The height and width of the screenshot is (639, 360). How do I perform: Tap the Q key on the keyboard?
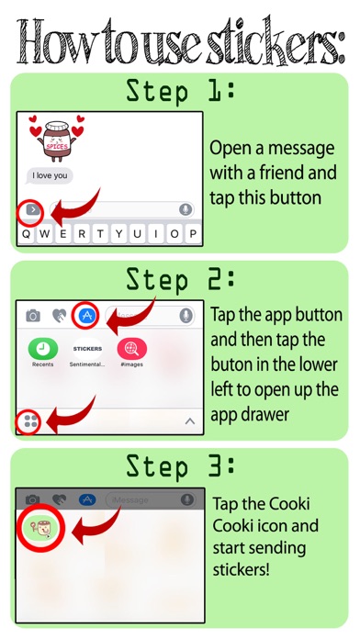(27, 234)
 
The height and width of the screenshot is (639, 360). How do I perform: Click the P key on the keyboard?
(193, 234)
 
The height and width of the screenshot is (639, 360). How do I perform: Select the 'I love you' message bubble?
(50, 175)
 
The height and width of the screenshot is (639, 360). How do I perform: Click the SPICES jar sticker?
(57, 139)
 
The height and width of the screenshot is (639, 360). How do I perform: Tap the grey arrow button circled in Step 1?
(32, 210)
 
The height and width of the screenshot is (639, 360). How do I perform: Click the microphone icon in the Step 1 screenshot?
(186, 209)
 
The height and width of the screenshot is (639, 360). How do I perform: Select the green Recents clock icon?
(43, 349)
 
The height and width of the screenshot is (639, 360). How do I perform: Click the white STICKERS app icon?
(87, 349)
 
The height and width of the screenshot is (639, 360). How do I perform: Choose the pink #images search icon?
(132, 349)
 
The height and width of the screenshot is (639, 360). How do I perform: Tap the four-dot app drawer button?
(30, 421)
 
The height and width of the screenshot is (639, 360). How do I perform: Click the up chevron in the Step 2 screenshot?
(190, 421)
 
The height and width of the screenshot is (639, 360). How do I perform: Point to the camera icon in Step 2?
(33, 315)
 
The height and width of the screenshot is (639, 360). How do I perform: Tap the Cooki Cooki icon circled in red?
(40, 529)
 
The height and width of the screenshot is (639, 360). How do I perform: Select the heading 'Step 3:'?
(180, 465)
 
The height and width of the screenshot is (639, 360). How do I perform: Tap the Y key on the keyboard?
(118, 234)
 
